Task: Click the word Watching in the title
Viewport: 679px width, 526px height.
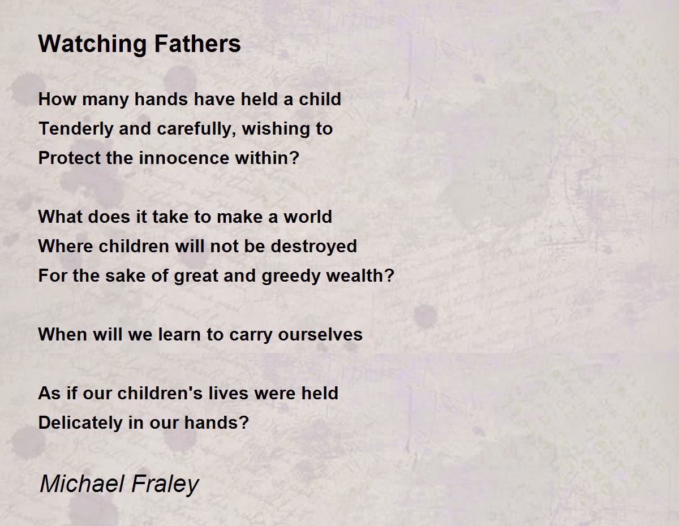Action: click(92, 44)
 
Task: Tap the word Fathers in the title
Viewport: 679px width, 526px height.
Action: click(197, 44)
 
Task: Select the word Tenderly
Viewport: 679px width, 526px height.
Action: click(76, 130)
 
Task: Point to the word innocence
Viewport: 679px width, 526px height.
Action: click(184, 158)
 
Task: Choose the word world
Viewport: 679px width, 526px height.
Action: click(308, 217)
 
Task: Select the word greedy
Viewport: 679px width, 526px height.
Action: click(291, 277)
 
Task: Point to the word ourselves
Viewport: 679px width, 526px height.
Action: click(320, 334)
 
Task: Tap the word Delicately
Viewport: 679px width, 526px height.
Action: click(80, 422)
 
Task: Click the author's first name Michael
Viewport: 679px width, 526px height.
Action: click(83, 484)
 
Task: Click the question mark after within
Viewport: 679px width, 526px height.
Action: click(294, 158)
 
